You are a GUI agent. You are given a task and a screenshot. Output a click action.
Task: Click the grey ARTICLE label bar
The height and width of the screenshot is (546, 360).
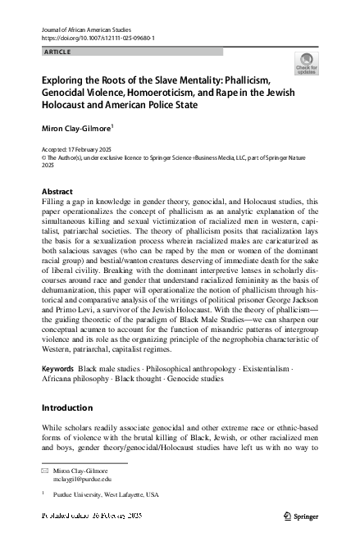click(x=131, y=52)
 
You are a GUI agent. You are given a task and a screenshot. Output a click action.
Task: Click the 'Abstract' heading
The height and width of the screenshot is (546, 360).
click(x=57, y=191)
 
